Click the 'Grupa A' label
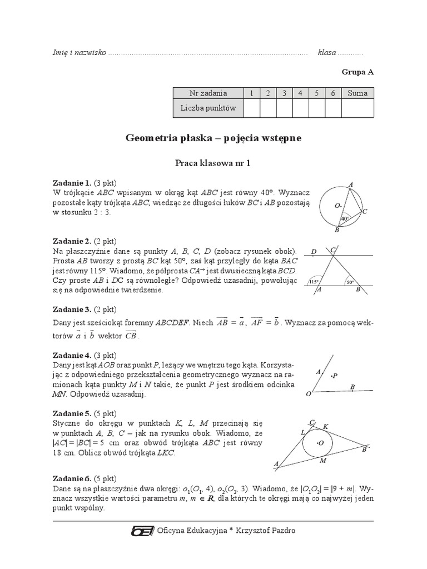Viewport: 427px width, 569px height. click(358, 72)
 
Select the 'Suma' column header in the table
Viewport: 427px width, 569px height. click(357, 93)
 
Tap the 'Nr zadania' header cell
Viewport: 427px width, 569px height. click(208, 93)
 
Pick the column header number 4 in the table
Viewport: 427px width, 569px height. click(300, 93)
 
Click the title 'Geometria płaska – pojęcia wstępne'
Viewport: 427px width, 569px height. click(213, 138)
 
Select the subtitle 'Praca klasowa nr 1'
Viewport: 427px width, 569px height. click(213, 164)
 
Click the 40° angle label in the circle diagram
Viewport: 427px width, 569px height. click(345, 219)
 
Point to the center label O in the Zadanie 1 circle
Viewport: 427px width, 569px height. click(337, 206)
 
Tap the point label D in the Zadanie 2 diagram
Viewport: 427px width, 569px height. click(314, 252)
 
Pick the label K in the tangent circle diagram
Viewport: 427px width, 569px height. click(326, 426)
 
